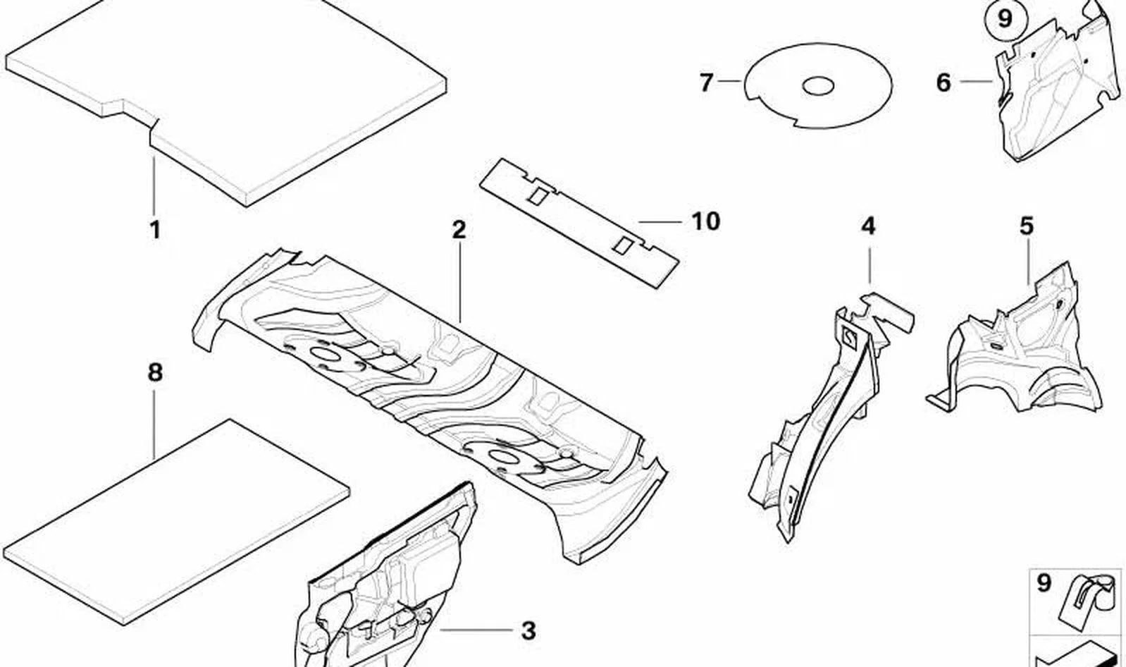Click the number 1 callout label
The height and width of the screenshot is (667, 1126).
(x=156, y=230)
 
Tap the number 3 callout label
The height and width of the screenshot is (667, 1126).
(x=528, y=630)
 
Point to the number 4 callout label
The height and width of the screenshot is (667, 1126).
(x=869, y=226)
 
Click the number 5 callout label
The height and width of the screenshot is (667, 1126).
(x=1027, y=226)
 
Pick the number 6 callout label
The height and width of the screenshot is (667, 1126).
(x=944, y=82)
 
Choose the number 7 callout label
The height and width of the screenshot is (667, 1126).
(x=707, y=82)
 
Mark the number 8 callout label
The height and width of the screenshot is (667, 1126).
(x=155, y=373)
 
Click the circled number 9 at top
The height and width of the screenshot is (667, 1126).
(x=1004, y=20)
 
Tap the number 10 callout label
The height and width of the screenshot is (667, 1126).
(x=706, y=221)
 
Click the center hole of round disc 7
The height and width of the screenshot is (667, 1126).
(x=818, y=86)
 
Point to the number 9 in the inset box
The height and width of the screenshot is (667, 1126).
(x=1044, y=583)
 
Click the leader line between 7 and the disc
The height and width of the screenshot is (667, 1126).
(x=729, y=80)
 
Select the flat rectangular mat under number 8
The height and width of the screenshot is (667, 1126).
(x=176, y=522)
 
